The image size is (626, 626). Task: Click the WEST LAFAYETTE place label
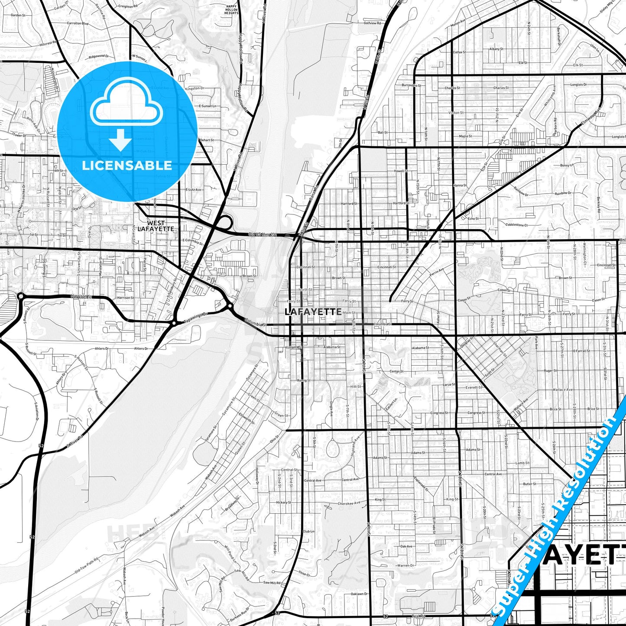coord(156,226)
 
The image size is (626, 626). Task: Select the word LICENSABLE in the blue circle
coord(127,165)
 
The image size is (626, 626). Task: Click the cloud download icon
coord(126,113)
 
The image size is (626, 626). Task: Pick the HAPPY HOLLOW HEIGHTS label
coord(232,10)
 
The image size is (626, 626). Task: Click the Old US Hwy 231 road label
coord(262,234)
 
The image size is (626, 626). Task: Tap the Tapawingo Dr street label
coord(196,319)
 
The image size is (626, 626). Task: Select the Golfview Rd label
coord(372,23)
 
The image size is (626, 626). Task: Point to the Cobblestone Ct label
coord(516,225)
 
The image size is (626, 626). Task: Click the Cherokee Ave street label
coord(349,503)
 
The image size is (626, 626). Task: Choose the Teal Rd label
coord(418,616)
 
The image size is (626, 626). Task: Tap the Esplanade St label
coord(421,484)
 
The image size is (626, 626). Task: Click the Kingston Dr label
coord(195,88)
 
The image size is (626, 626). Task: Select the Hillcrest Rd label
coord(48,43)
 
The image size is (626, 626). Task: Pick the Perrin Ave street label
coord(437,272)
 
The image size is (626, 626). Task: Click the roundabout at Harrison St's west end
coord(20,296)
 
